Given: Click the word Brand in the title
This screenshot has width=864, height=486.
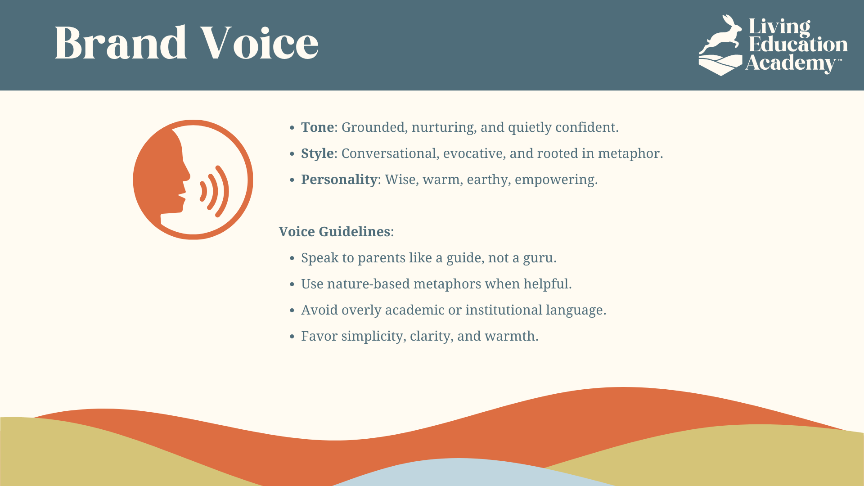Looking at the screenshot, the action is click(121, 43).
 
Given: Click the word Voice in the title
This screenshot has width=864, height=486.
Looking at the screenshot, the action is click(259, 43).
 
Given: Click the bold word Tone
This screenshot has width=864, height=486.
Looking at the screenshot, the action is click(317, 127).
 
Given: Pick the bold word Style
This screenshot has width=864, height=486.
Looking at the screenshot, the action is click(317, 154).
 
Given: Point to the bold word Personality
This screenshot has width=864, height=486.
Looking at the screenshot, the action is click(339, 180).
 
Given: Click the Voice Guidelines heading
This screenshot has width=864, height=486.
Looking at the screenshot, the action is click(334, 232).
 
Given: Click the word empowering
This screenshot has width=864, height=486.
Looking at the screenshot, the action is click(556, 180).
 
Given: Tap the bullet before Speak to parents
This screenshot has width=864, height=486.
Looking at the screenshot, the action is click(292, 258).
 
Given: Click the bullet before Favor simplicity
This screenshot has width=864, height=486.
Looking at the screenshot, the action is click(292, 337).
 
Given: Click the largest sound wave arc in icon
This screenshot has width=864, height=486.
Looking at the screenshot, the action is click(224, 191).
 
